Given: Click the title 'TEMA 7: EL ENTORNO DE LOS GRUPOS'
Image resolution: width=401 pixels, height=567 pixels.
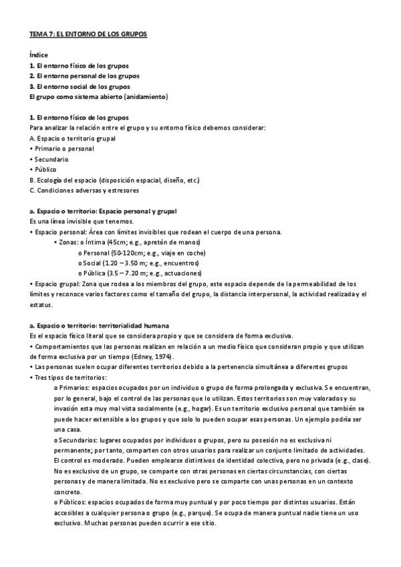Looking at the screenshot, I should coord(88,33).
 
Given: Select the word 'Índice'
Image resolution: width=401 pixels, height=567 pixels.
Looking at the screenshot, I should coord(39,55).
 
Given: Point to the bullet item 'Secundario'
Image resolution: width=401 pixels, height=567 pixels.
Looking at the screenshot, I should coord(50,159).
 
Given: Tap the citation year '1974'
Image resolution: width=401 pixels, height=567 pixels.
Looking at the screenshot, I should coord(160,356).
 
